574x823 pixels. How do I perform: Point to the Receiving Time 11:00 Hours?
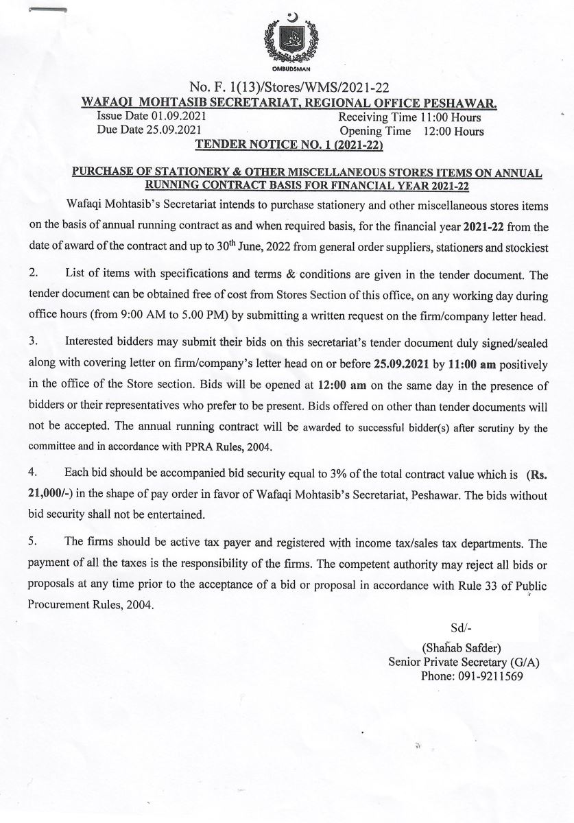coord(410,117)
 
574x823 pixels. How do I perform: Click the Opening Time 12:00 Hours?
coord(411,131)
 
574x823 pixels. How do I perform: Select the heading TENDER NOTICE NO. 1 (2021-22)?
coord(289,145)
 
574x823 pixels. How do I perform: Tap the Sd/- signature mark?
coord(459,628)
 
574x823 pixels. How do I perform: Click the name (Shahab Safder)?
coord(463,647)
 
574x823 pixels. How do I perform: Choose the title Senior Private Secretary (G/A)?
coord(464,662)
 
